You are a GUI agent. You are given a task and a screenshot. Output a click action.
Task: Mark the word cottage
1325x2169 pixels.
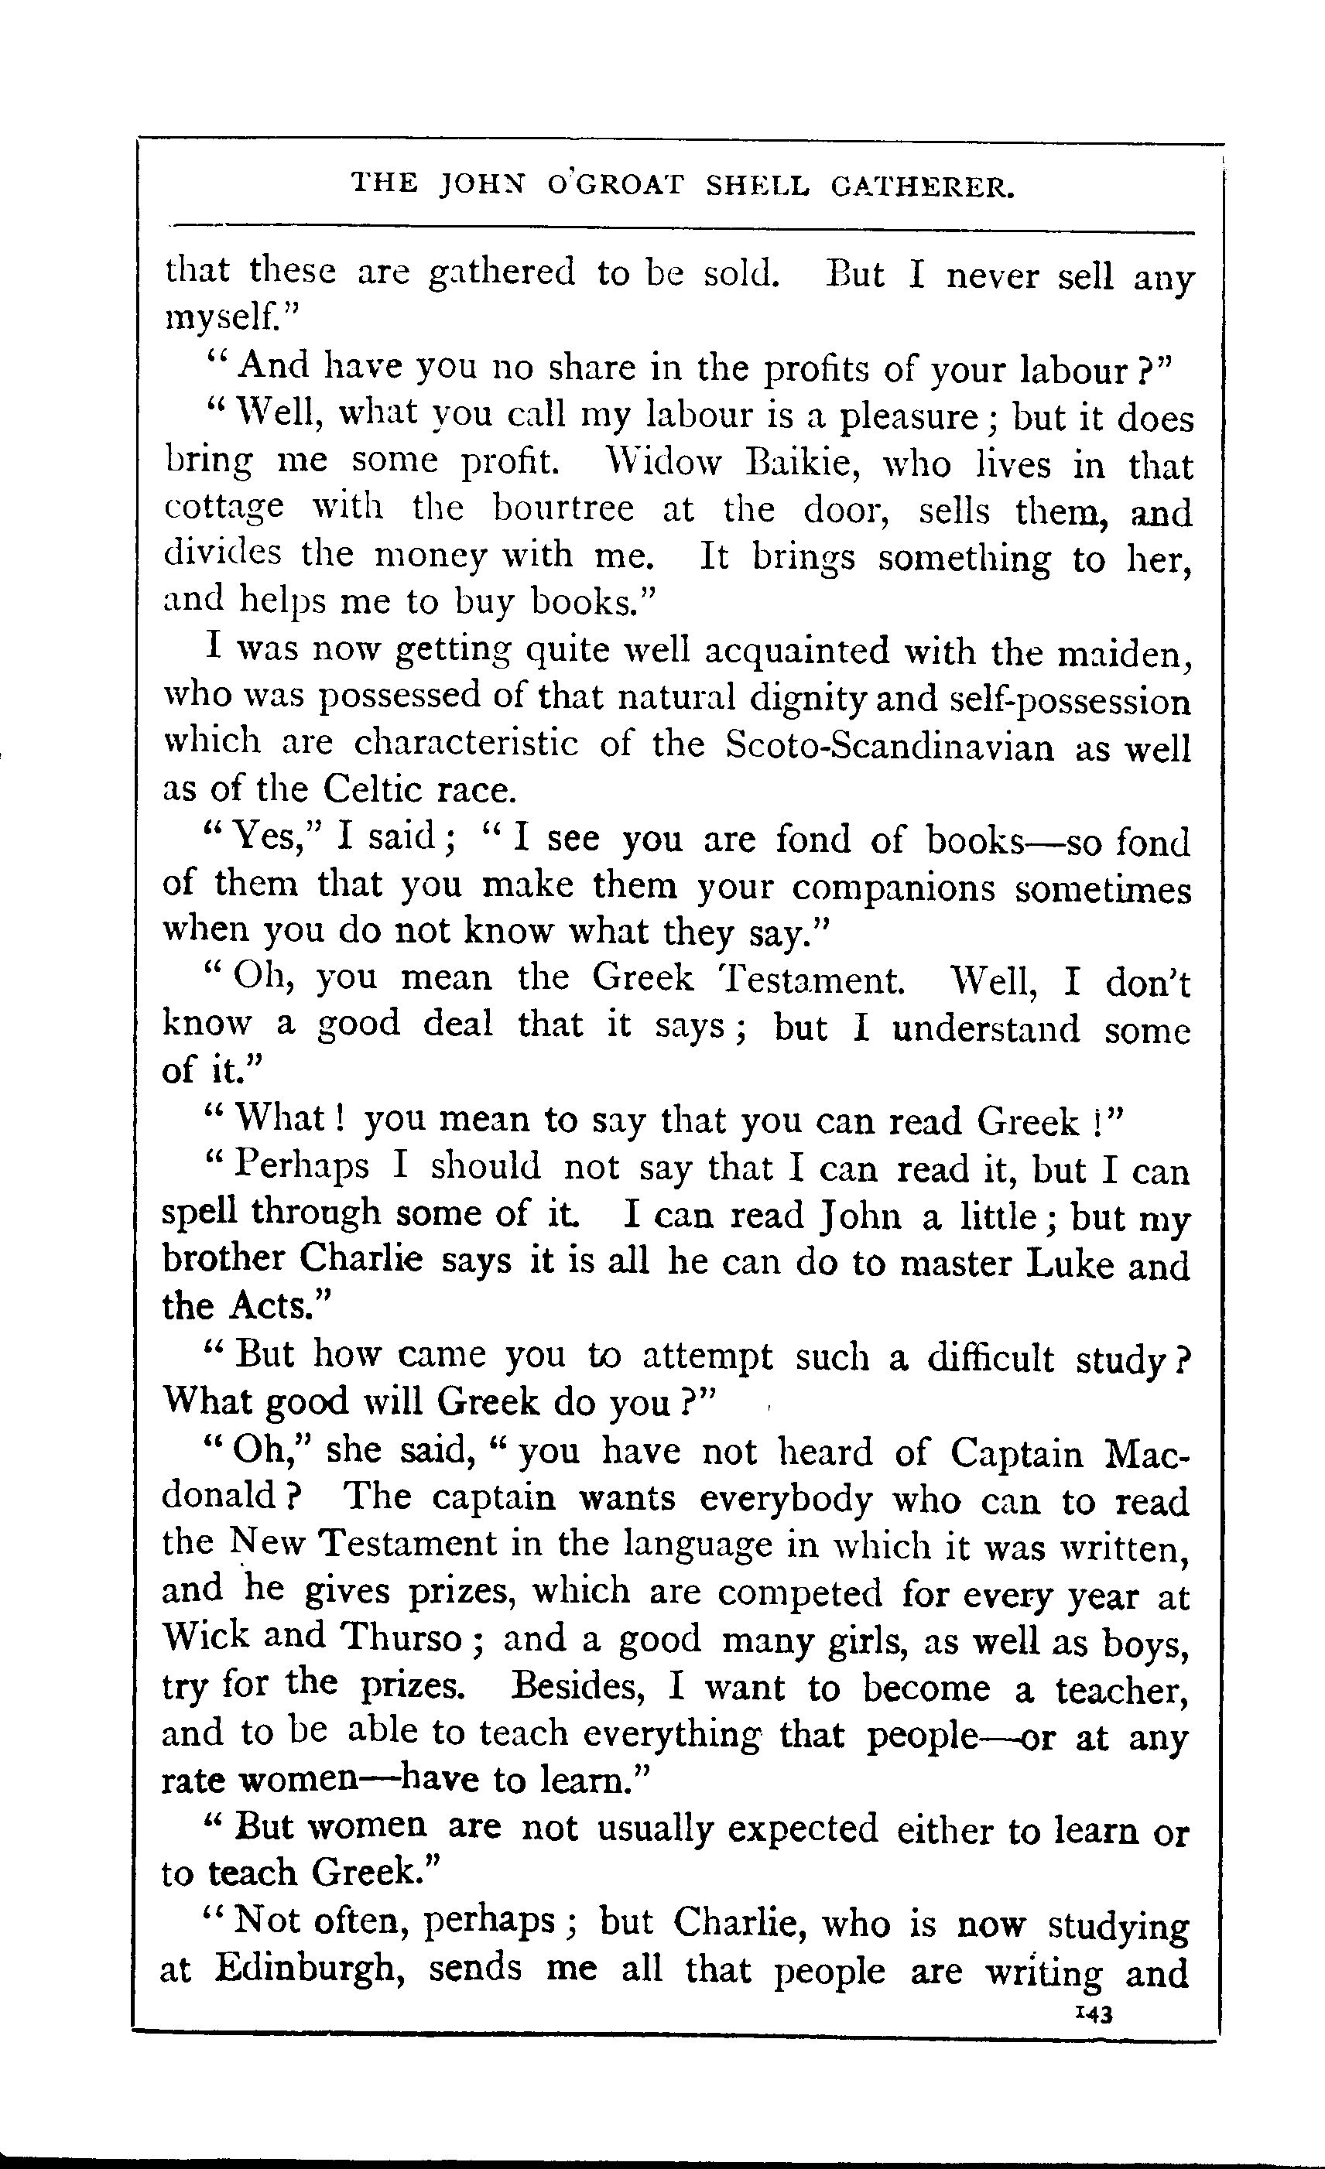tap(224, 511)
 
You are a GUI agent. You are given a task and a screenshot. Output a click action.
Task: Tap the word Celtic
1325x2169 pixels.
tap(373, 789)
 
